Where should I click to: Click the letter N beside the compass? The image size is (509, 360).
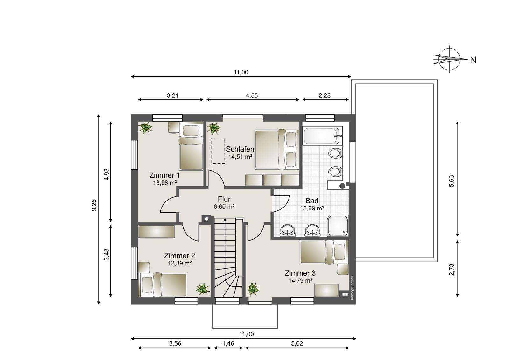(x=473, y=60)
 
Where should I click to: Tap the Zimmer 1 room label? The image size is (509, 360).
(x=164, y=175)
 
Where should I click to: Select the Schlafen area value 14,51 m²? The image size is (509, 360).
(x=240, y=157)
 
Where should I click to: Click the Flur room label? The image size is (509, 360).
(x=224, y=199)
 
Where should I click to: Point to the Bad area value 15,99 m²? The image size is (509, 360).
(x=312, y=208)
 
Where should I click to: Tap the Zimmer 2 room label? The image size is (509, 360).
(x=179, y=256)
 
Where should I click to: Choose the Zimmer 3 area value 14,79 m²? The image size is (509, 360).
(x=300, y=281)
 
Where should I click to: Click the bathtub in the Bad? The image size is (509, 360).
(x=323, y=136)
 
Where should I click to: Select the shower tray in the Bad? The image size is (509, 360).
(x=338, y=226)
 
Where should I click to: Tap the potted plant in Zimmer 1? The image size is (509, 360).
(x=145, y=128)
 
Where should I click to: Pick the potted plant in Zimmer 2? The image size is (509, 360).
(x=203, y=289)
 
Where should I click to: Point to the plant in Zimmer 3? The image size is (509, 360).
(x=253, y=289)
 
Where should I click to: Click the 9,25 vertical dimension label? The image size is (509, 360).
(x=94, y=205)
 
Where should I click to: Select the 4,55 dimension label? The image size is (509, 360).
(x=252, y=96)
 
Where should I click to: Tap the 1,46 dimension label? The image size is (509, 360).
(x=228, y=343)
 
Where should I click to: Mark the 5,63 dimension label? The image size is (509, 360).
(x=451, y=181)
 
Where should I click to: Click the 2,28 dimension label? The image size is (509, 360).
(x=324, y=96)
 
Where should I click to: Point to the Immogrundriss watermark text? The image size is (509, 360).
(x=352, y=288)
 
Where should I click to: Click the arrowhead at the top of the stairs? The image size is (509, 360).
(x=225, y=220)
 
